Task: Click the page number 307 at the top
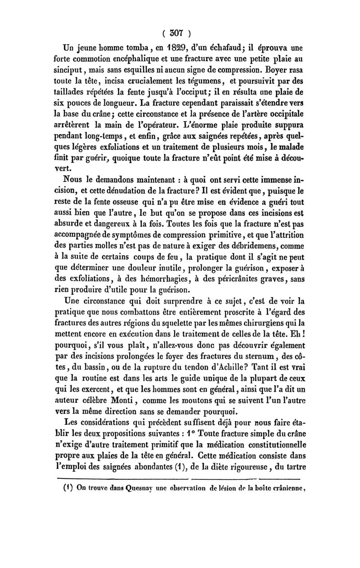[x=180, y=32]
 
